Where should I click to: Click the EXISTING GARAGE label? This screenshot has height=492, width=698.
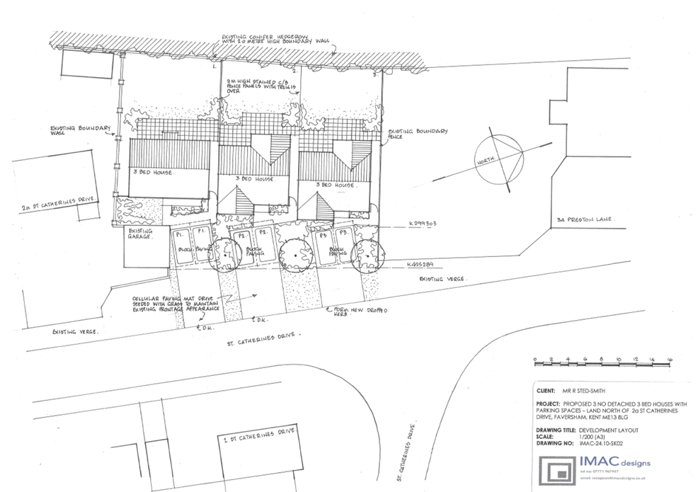[x=141, y=234]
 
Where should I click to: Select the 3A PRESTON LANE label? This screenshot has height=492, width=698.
[x=585, y=220]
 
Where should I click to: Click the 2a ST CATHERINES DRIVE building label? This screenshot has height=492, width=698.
[x=57, y=207]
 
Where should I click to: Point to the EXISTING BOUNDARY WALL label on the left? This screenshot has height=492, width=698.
[x=80, y=132]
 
